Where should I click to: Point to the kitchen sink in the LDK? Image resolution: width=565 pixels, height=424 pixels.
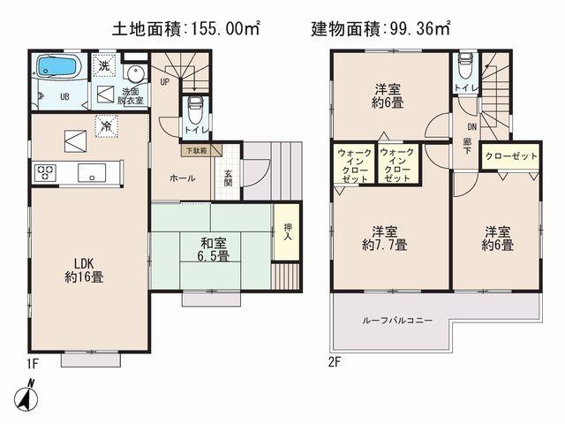tap(91, 171)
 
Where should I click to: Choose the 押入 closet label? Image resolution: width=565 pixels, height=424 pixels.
tap(284, 232)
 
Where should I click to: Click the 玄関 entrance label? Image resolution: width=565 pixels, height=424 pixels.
tap(227, 177)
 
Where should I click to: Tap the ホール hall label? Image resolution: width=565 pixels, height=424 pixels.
tap(183, 178)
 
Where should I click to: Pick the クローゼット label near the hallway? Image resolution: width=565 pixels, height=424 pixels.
tap(511, 156)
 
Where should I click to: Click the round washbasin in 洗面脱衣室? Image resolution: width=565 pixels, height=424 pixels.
tap(136, 74)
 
